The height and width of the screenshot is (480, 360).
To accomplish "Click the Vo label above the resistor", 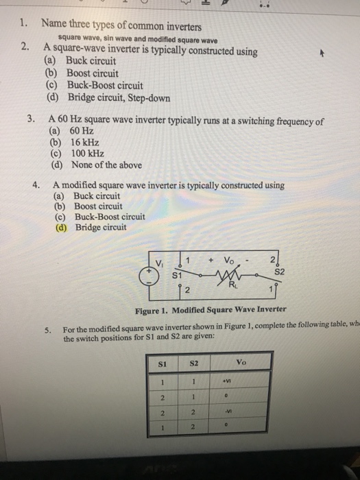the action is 233,261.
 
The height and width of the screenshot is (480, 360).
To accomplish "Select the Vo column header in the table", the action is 241,361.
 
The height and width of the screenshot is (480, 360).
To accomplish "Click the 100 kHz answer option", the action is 74,153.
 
